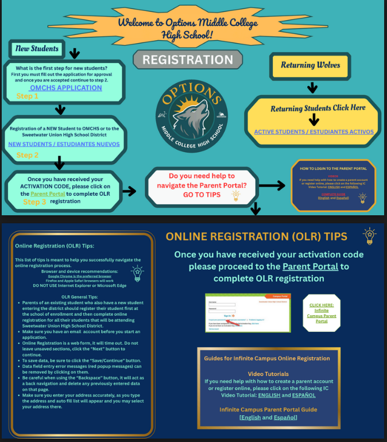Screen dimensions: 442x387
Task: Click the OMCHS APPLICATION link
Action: point(65,88)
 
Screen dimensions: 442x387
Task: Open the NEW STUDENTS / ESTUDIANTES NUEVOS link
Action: point(64,144)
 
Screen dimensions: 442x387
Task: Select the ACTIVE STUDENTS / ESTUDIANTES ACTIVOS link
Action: point(314,131)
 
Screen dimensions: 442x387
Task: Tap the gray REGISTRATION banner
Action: point(188,60)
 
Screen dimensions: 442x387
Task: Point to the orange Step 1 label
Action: point(28,96)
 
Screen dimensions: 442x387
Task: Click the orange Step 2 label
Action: point(28,156)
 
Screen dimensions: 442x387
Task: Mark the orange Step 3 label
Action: point(35,202)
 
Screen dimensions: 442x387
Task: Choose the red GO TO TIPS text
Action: point(202,195)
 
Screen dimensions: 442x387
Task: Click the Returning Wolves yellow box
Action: point(311,65)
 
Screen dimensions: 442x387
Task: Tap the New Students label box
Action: point(37,49)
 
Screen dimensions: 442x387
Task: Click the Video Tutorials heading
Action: point(268,374)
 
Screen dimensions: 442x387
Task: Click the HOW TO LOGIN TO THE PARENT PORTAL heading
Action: point(328,169)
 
